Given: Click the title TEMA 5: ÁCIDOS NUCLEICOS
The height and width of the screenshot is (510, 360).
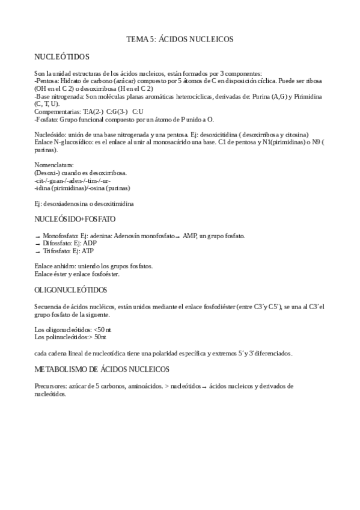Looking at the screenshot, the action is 180,39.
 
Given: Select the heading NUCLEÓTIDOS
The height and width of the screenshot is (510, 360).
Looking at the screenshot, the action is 63,57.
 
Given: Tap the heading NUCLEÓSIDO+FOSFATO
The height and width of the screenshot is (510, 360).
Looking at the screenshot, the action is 75,219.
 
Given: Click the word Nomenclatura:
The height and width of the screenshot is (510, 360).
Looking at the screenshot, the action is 54,164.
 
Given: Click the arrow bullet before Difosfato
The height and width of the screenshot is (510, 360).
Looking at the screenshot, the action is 38,243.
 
